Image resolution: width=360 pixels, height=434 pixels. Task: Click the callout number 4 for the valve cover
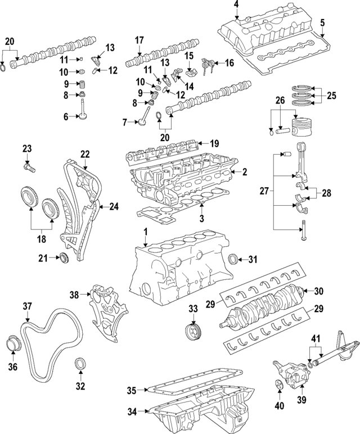pos(236,5)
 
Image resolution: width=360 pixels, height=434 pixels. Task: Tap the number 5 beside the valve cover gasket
pos(322,22)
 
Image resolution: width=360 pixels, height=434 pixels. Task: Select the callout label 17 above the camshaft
pos(139,40)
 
